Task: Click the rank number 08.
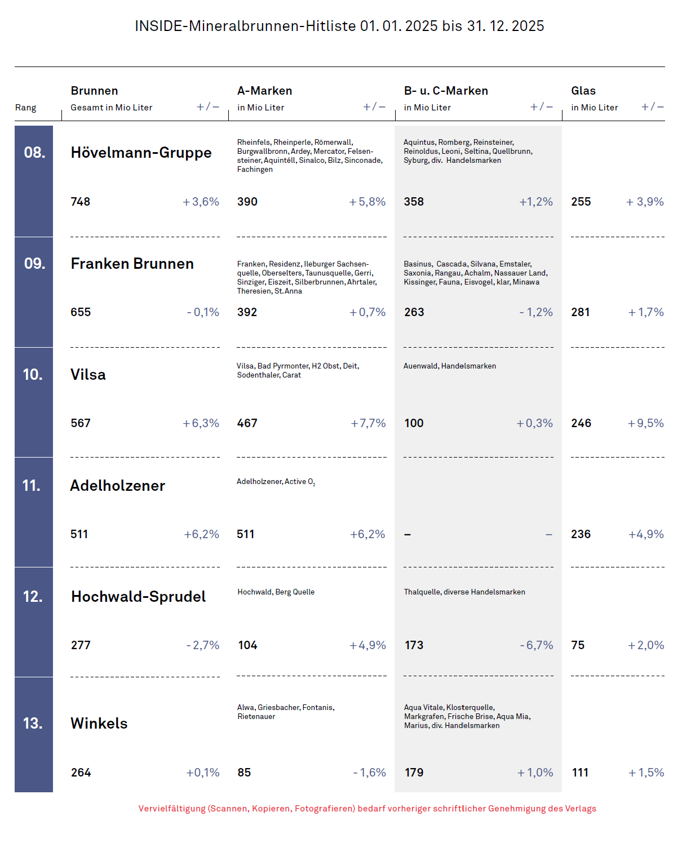tap(34, 152)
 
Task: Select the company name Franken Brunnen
tap(132, 263)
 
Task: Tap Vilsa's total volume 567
tap(81, 423)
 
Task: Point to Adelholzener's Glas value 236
tap(581, 534)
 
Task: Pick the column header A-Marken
tap(264, 91)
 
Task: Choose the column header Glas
tap(583, 91)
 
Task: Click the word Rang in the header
tap(25, 108)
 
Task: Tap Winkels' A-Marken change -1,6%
tap(370, 772)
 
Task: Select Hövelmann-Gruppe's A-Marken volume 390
tap(247, 202)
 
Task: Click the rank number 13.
tap(33, 723)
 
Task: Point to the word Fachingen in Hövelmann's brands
tap(255, 170)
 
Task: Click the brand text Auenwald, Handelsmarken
tap(449, 366)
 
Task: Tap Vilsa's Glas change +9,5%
tap(645, 423)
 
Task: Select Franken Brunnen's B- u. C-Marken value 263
tap(414, 312)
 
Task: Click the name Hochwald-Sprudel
tap(138, 596)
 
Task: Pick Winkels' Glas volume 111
tap(580, 772)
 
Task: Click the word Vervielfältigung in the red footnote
tap(172, 809)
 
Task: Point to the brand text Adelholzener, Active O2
tap(276, 482)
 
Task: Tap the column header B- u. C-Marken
tap(446, 91)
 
